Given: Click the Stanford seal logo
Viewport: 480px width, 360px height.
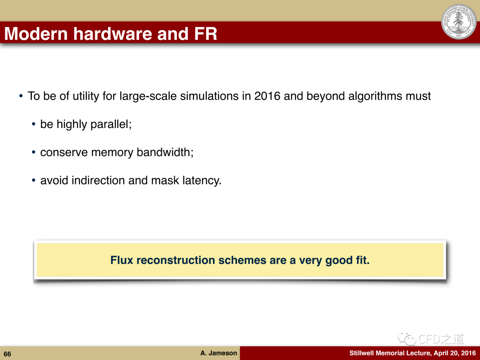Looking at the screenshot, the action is (x=459, y=21).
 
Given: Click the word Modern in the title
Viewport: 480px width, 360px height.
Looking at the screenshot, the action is (x=36, y=33).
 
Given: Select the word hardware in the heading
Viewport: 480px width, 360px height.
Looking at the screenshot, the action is (x=112, y=33).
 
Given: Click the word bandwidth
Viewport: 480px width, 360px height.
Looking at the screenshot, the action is (x=165, y=152).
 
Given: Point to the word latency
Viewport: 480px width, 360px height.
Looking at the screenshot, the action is (x=202, y=180).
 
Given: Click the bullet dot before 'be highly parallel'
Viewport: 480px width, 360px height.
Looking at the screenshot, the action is (x=34, y=124).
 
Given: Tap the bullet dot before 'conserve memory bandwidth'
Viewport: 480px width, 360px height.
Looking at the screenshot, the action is (x=34, y=152).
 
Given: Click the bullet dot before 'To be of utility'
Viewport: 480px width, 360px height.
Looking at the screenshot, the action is (x=21, y=96).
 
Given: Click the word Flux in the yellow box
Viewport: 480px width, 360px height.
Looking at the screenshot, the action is (x=122, y=260).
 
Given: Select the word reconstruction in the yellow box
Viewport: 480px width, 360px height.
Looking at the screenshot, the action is (x=176, y=260).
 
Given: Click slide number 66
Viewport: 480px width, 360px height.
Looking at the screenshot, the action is (x=8, y=354).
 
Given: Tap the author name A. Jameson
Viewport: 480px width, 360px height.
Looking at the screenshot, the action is (x=219, y=353).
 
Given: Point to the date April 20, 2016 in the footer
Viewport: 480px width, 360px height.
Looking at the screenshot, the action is (x=455, y=353).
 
